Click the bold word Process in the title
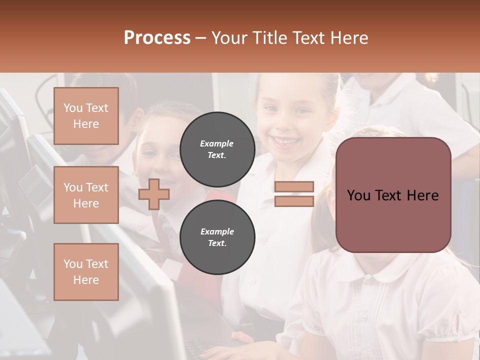[x=157, y=38]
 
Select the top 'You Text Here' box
[x=86, y=116]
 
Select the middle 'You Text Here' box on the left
[x=86, y=195]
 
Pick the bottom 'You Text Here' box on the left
[x=86, y=272]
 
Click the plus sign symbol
[x=154, y=194]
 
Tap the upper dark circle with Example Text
[x=217, y=149]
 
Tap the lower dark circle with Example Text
[x=217, y=237]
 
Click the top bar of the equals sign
[x=294, y=187]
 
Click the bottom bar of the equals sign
[x=294, y=201]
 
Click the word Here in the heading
[x=349, y=38]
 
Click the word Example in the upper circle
[x=217, y=143]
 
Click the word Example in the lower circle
[x=217, y=231]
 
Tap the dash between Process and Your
[x=200, y=38]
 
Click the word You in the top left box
[x=72, y=108]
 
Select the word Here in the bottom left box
[x=86, y=280]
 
